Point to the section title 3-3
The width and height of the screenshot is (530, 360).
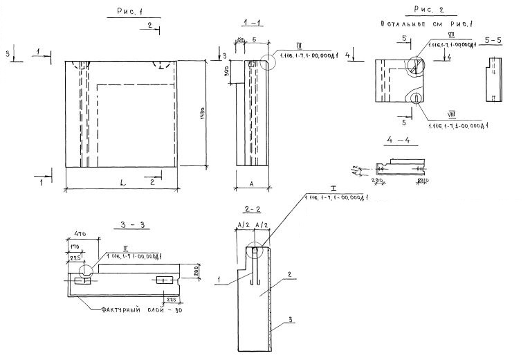tap(129, 226)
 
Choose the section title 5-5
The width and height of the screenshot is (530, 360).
tap(494, 42)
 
